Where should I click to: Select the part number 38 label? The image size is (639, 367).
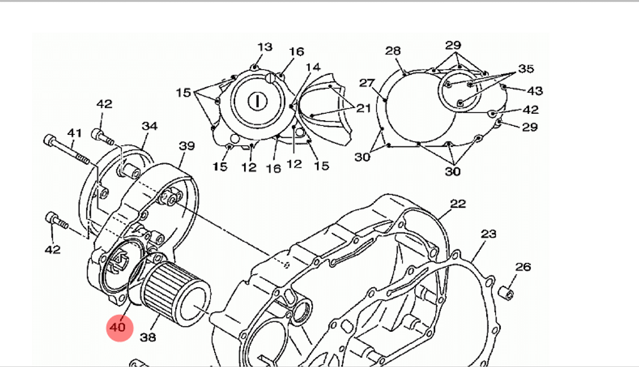(148, 336)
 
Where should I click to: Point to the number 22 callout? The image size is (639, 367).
(458, 204)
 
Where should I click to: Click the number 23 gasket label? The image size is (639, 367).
(488, 235)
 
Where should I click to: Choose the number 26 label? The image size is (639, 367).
(523, 267)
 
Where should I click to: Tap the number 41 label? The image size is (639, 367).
(75, 133)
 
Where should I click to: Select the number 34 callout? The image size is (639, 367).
(150, 127)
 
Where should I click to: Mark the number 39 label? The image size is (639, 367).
(186, 146)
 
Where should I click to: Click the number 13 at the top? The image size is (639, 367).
(265, 47)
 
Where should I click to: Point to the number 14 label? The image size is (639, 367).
(312, 67)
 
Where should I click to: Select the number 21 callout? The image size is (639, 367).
(363, 109)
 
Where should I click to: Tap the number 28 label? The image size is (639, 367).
(393, 51)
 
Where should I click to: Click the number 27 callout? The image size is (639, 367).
(366, 83)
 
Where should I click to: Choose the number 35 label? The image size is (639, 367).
(525, 69)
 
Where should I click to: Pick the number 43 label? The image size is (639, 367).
(534, 90)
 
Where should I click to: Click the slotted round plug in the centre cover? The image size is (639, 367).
(257, 100)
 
